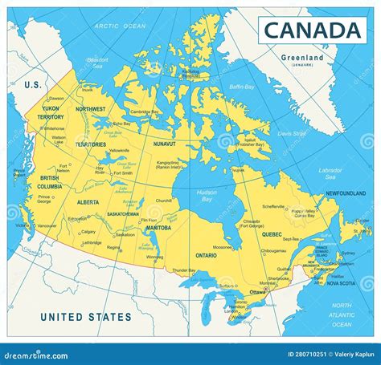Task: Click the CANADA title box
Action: click(x=311, y=30)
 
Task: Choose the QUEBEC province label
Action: click(x=272, y=234)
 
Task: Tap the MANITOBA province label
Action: click(x=158, y=228)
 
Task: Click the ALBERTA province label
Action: click(x=88, y=203)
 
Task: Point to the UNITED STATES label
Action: click(x=86, y=317)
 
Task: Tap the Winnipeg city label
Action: click(x=154, y=257)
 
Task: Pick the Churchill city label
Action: click(x=164, y=200)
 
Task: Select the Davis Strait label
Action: click(x=291, y=133)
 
